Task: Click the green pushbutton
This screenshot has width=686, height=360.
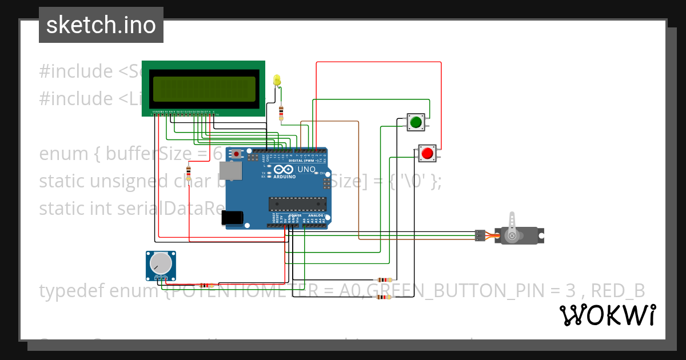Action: pos(416,122)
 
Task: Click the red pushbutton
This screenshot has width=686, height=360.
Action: pos(426,153)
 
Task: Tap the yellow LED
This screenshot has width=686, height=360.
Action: pos(278,81)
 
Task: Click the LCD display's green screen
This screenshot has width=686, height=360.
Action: pos(204,89)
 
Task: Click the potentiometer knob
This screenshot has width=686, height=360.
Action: pos(160,264)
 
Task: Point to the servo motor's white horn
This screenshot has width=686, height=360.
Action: pos(512,225)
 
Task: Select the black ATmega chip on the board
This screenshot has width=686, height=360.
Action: pos(297,204)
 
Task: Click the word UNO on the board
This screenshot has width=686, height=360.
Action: pos(306,169)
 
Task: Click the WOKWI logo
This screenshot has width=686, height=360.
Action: pos(607,315)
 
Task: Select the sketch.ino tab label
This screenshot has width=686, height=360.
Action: pos(101,25)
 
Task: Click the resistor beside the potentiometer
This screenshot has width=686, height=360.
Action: pos(205,285)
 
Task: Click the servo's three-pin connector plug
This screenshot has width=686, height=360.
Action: pos(480,235)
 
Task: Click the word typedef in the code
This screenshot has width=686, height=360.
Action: pos(73,291)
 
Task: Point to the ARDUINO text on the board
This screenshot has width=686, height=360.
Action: pos(285,177)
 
